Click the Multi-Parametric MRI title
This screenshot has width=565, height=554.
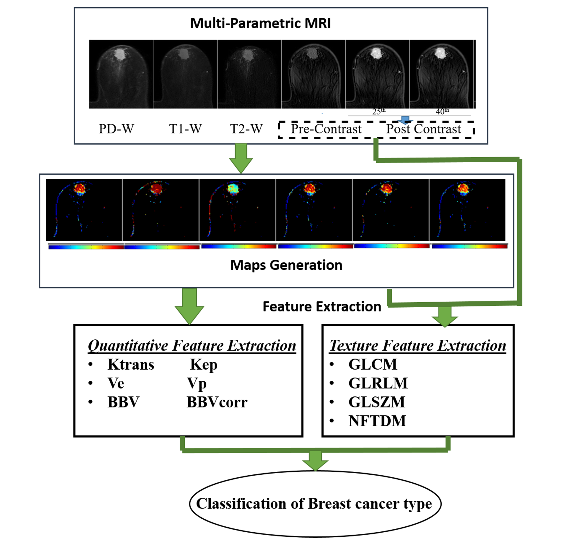point(260,23)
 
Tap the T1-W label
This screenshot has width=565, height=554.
point(185,129)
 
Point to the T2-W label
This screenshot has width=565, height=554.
point(246,129)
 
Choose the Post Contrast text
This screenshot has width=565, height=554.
point(423,129)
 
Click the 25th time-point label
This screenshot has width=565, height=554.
point(379,111)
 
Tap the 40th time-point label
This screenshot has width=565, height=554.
point(442,111)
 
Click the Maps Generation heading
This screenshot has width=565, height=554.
point(286,265)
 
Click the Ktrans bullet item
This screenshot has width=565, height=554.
point(131,364)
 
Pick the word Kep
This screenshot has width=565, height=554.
point(203,365)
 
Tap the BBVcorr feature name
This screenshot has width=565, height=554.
point(217,402)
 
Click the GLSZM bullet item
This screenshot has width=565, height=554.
point(377,402)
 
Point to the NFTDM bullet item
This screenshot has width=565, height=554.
point(377,421)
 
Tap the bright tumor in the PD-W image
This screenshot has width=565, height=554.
point(119,54)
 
